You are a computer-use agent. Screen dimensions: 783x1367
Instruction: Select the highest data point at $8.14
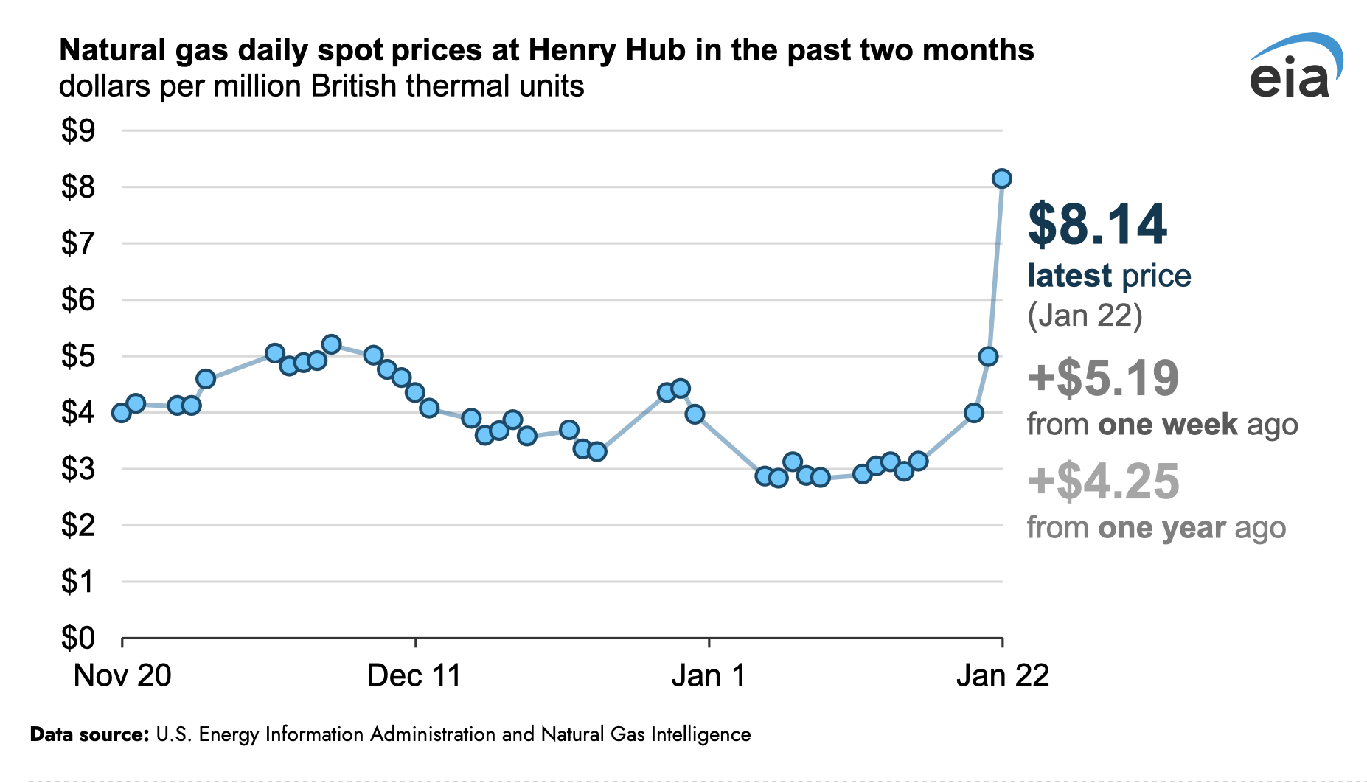[1001, 178]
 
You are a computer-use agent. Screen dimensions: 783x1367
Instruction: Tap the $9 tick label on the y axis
[78, 131]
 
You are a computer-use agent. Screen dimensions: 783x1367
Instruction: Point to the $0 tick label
[78, 638]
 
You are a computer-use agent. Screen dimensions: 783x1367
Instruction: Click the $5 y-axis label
[78, 357]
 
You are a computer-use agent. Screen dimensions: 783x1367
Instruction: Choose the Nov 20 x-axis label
[122, 675]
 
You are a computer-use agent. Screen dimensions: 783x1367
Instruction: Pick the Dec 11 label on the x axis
[414, 675]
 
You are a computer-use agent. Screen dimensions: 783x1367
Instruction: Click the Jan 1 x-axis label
[708, 675]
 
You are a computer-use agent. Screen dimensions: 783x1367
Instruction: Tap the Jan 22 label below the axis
[1002, 675]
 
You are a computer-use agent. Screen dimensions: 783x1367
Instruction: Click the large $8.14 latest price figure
[1097, 224]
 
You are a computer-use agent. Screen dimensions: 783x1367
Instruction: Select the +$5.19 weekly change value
[1103, 377]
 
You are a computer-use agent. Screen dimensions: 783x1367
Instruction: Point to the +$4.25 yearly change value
[1103, 481]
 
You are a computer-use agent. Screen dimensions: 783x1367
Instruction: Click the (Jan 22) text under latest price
[1085, 316]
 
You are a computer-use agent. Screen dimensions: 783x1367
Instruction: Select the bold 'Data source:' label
[89, 734]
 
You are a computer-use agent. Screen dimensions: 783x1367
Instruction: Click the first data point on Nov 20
[122, 413]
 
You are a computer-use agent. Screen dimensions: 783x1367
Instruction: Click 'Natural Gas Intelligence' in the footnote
[646, 734]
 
